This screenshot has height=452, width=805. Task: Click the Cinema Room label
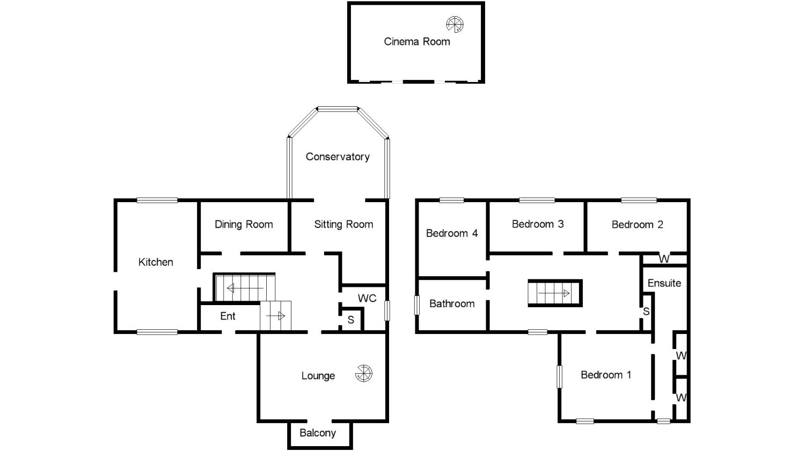coord(417,41)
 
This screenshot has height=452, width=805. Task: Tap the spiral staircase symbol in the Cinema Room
coord(455,24)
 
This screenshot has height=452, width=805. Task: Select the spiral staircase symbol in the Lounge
coord(363,373)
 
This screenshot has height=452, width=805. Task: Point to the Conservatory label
coord(338,157)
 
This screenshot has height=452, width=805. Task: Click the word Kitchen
coord(156,262)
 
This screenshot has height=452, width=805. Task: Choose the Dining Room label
coord(244,224)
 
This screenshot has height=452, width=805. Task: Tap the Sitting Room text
coord(343,224)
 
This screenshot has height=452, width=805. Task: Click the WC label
coord(367,298)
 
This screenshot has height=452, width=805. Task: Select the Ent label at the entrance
coord(228,316)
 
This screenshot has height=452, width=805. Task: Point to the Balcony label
coord(318,433)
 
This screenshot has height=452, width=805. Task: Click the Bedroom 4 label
coord(452,233)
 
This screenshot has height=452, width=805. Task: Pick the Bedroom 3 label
coord(538,224)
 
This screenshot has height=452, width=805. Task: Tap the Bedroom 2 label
coord(638,224)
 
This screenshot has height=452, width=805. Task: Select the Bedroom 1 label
coord(606,375)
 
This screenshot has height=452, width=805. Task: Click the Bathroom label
coord(452,303)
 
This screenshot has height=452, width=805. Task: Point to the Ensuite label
coord(664,283)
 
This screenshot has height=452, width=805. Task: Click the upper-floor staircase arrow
coord(554,293)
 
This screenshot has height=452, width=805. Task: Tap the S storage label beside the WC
coord(351,320)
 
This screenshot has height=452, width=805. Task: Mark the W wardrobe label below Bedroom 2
coord(664,260)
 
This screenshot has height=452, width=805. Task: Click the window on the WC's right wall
coord(387,310)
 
